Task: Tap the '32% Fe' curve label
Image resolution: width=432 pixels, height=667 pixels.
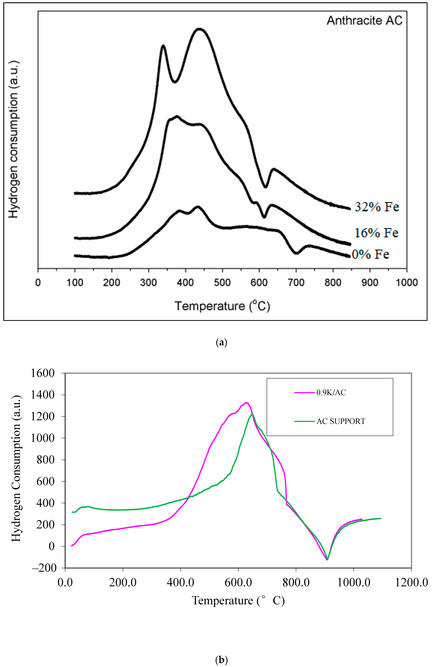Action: tap(377, 207)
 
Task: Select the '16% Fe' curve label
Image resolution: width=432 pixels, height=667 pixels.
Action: tap(376, 233)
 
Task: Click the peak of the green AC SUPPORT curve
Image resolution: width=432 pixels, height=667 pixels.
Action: tap(252, 414)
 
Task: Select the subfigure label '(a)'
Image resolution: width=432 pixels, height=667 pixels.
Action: tap(222, 342)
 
